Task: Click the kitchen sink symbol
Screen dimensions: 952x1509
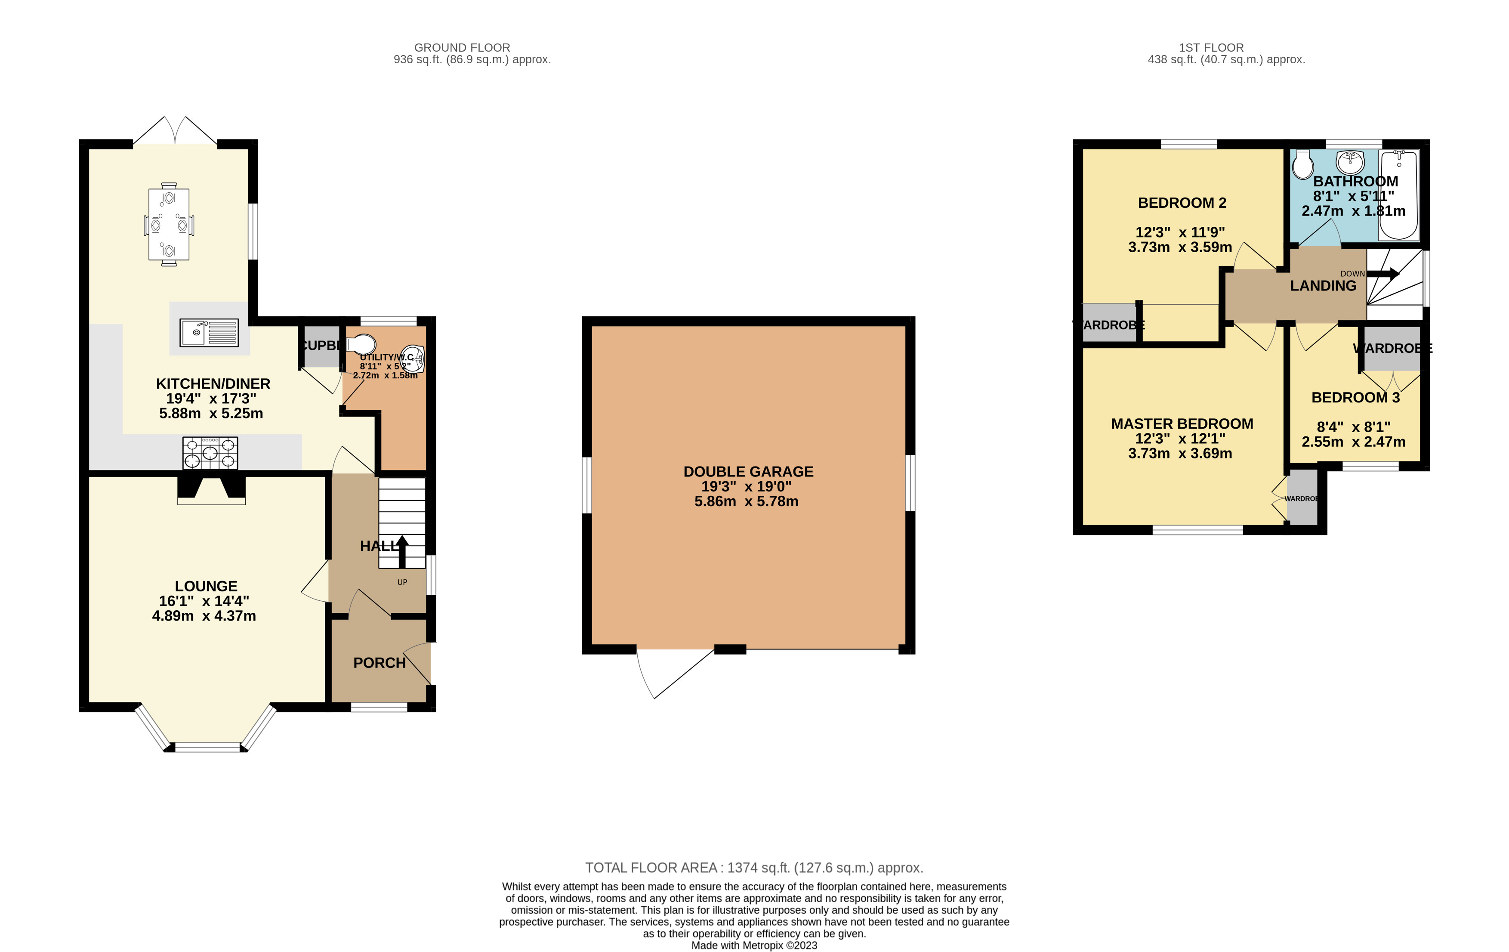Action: click(209, 332)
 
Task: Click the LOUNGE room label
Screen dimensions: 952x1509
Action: click(206, 586)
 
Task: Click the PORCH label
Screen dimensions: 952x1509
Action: click(379, 662)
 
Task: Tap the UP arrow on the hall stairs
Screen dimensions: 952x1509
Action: click(402, 551)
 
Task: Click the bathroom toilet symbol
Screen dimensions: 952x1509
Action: click(1303, 164)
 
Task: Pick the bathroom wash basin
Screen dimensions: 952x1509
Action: click(1350, 163)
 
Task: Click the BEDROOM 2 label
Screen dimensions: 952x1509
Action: click(1181, 202)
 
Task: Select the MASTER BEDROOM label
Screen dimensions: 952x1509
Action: click(1181, 423)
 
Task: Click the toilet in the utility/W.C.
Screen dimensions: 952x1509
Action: click(361, 344)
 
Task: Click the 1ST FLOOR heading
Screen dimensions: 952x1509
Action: click(1211, 48)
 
